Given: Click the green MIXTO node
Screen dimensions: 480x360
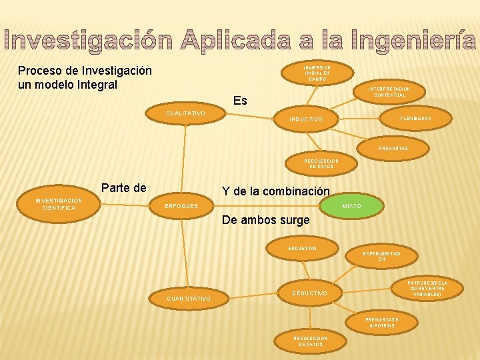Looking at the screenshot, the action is pos(351,206).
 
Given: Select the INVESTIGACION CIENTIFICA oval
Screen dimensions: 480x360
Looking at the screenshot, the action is pos(59,204).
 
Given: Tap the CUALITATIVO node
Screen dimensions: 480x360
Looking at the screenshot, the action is pos(186,114).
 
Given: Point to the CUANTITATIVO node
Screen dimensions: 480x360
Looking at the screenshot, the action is pos(189,298).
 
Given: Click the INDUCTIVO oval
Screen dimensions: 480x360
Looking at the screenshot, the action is pos(306,119).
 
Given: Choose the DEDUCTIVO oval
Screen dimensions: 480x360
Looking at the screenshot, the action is pos(311,293).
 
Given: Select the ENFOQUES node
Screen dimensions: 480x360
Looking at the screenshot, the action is pos(183,206).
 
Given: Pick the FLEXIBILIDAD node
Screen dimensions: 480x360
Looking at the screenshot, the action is pos(415,118).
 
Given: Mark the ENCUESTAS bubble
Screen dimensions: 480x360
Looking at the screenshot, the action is pos(302,248).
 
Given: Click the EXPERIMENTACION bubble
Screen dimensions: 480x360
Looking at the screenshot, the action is pos(381,257).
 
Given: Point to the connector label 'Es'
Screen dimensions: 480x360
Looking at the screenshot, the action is pos(241,101).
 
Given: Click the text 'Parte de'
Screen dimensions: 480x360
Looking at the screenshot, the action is pos(123,188).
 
